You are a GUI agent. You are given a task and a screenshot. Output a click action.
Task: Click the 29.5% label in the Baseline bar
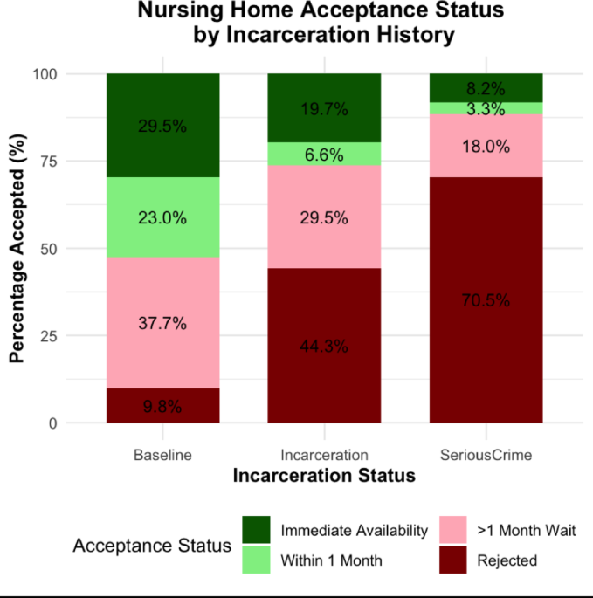(x=162, y=126)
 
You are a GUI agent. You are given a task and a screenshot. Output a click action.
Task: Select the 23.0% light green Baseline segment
(x=162, y=218)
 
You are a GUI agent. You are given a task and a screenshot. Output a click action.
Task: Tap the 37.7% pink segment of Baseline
(x=162, y=323)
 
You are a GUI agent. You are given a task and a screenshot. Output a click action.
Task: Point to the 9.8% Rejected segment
(x=162, y=406)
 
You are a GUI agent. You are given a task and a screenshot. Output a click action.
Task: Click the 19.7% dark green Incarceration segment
(x=324, y=108)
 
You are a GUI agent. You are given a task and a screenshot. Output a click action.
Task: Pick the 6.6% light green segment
(x=324, y=154)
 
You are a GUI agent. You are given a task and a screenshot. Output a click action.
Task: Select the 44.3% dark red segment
(x=324, y=346)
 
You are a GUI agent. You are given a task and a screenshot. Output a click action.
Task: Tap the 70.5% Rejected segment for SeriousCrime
(x=486, y=300)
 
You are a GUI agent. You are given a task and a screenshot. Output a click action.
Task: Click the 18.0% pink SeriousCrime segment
(x=486, y=146)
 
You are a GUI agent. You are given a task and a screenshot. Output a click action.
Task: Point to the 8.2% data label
(x=486, y=88)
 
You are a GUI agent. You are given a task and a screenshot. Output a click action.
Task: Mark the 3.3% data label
(x=486, y=109)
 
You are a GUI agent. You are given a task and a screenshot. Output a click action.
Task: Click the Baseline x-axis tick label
(x=162, y=456)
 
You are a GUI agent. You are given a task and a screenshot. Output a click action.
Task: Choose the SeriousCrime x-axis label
(x=486, y=456)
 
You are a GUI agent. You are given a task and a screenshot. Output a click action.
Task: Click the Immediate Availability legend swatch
(x=258, y=530)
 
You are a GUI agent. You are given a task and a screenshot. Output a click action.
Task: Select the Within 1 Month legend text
(x=331, y=560)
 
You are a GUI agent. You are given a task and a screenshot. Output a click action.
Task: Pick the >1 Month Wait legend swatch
(x=454, y=530)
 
